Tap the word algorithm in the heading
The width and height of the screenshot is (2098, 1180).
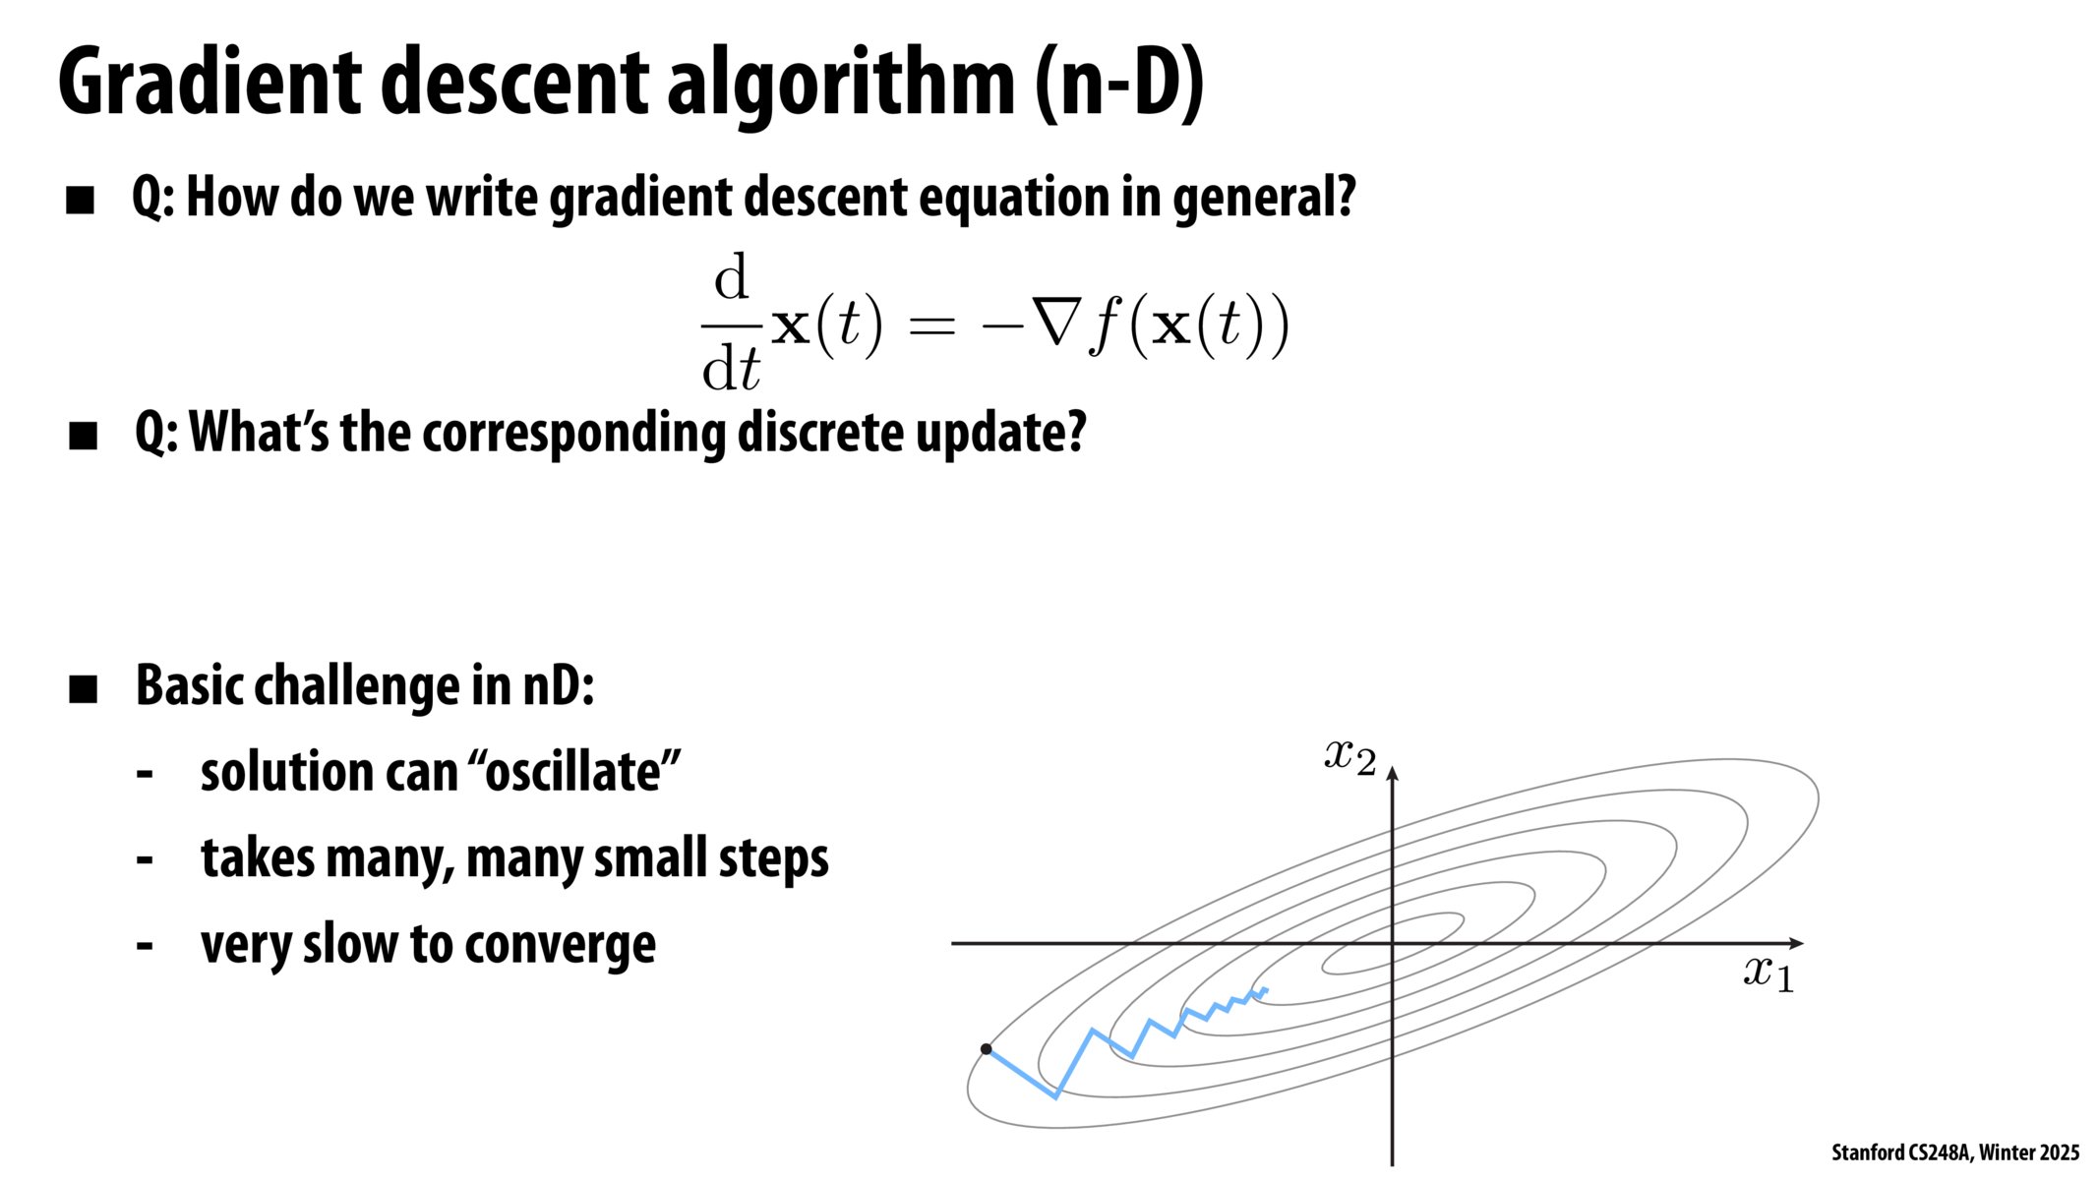[x=841, y=83]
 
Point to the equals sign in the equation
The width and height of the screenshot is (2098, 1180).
[x=931, y=325]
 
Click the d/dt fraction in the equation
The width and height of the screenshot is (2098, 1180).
[x=732, y=322]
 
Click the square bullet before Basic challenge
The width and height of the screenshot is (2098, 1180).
[x=84, y=689]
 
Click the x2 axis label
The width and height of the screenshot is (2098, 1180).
[x=1349, y=757]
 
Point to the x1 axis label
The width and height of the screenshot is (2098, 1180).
[x=1768, y=973]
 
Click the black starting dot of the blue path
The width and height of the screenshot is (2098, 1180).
[x=987, y=1049]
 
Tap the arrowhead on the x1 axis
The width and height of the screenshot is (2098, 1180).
[x=1796, y=943]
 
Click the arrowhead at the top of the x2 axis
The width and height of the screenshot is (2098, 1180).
[x=1392, y=773]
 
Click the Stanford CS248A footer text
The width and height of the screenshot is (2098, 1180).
[x=1954, y=1152]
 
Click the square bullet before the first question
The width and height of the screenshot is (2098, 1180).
[x=81, y=201]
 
